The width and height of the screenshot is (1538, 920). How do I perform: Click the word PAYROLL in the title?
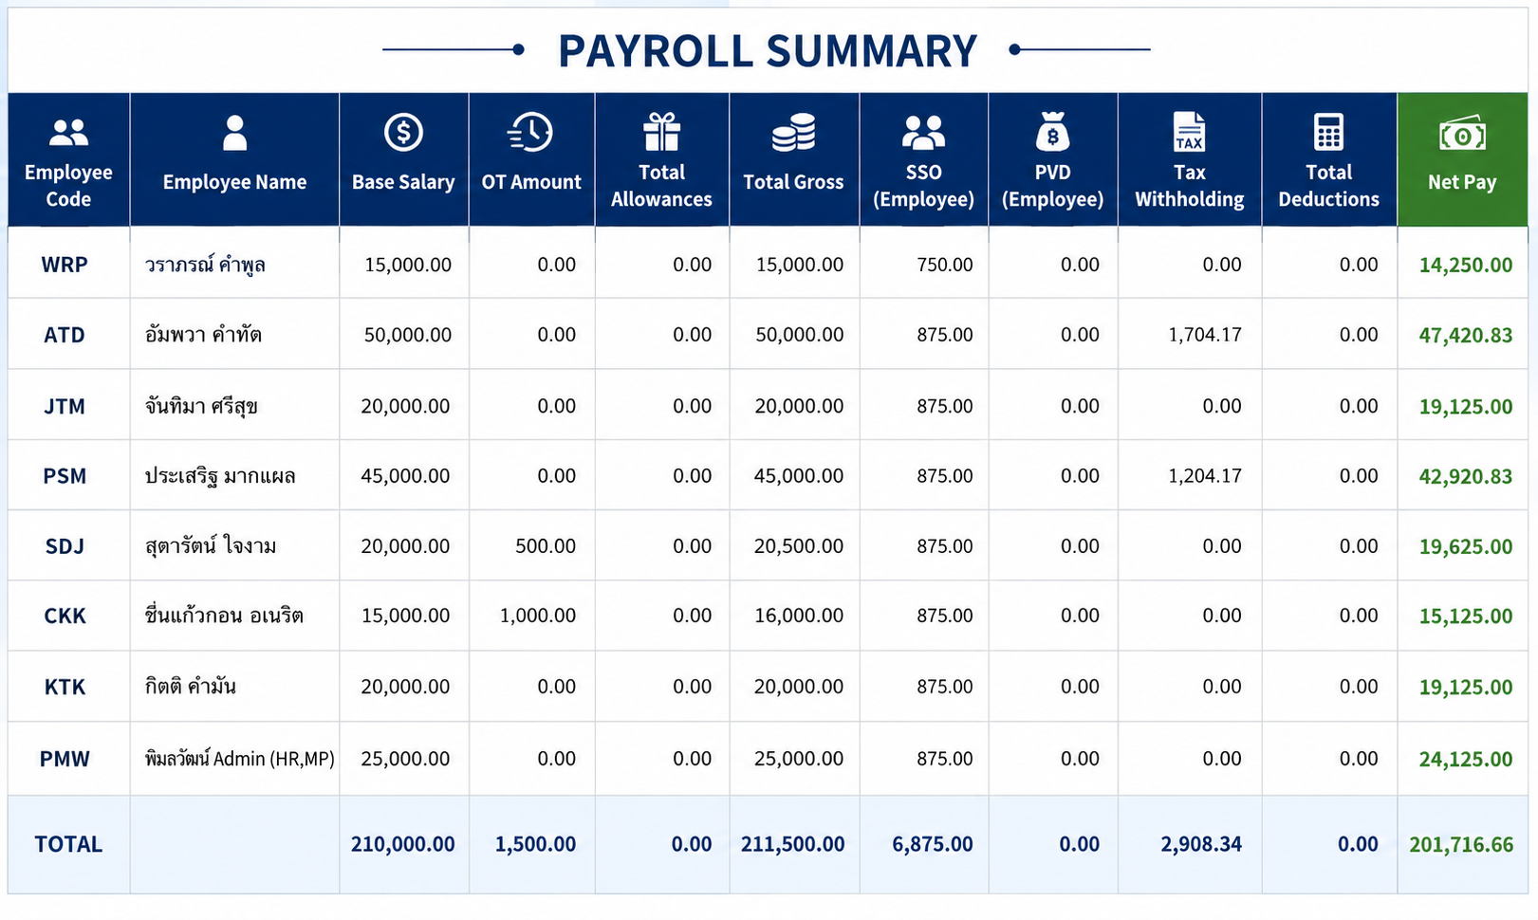655,51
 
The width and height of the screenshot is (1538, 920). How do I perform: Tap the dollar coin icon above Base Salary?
403,132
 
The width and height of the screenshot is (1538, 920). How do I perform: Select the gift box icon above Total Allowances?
661,132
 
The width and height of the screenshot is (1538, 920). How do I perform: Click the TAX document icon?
1189,132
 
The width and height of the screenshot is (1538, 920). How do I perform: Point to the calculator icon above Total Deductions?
1328,132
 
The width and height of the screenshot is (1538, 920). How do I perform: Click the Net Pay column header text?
1462,182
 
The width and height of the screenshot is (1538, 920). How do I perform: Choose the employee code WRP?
65,265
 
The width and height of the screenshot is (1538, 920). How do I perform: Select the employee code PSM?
65,476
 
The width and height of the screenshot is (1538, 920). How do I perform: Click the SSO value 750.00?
945,265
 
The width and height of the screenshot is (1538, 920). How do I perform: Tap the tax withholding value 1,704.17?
1205,335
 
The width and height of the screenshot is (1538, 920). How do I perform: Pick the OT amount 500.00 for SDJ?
546,545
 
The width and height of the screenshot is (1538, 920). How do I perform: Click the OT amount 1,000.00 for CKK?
538,616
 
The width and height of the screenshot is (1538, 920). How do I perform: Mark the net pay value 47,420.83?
1465,335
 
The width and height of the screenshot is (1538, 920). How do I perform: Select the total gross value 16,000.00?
799,616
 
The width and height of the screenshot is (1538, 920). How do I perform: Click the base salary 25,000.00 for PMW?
405,759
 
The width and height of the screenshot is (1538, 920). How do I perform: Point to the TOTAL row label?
68,844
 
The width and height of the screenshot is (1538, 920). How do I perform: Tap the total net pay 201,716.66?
1461,844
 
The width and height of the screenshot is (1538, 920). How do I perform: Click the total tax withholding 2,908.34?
1201,844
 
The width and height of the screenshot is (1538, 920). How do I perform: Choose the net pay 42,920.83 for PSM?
1465,476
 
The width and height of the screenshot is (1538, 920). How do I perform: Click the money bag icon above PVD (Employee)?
1052,132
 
